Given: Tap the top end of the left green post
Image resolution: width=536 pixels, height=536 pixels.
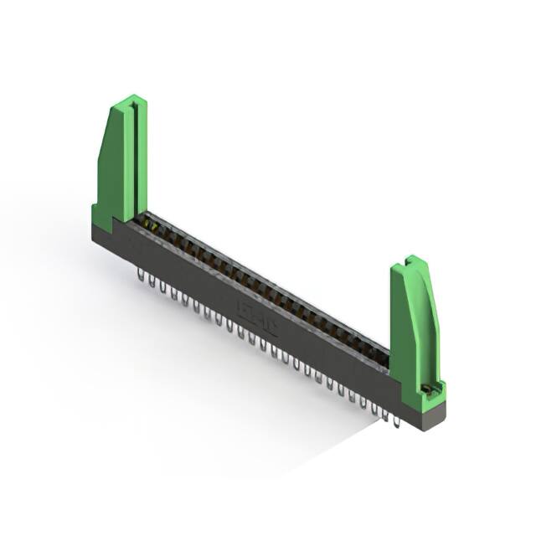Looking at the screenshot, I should point(129,102).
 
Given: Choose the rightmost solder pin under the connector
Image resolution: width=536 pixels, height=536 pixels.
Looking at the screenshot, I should point(395,419).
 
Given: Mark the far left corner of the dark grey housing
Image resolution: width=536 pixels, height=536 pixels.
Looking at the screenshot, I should point(94,230).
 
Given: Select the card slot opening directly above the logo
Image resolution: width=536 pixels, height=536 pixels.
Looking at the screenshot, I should point(268,289).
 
